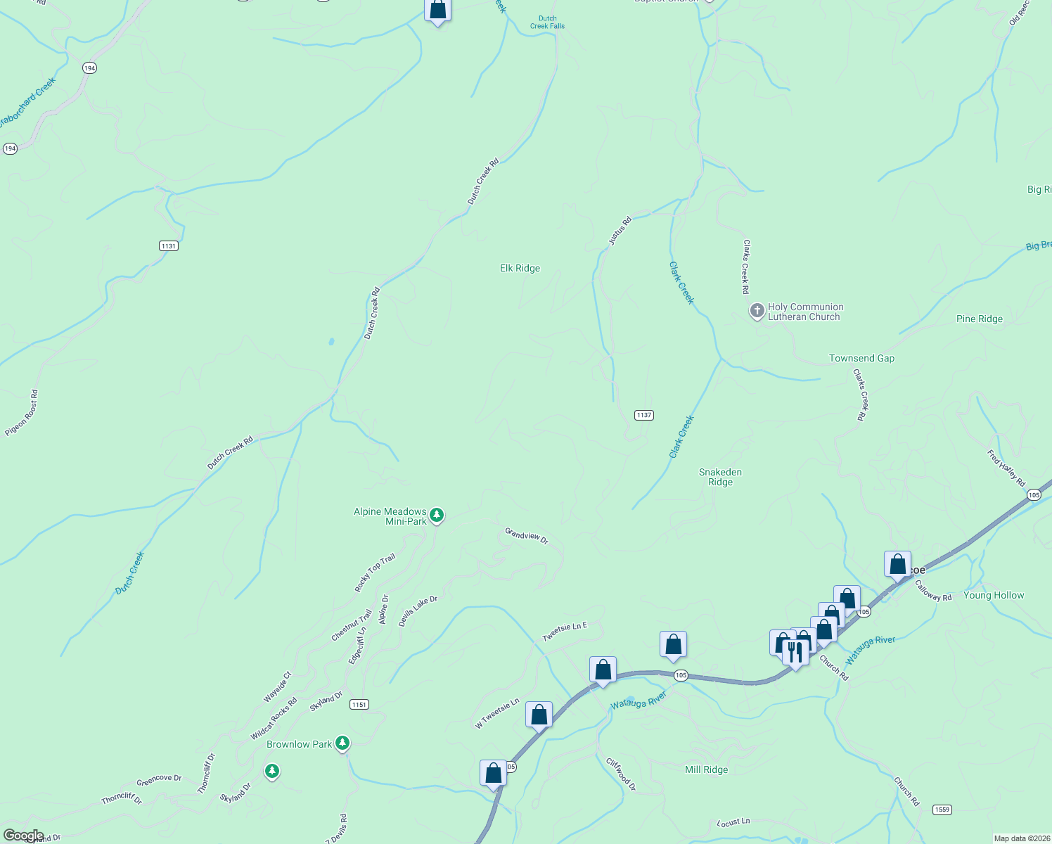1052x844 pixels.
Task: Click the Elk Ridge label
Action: coord(520,268)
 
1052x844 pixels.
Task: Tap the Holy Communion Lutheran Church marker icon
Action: coord(757,311)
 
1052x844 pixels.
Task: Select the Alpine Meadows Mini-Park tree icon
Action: coord(437,516)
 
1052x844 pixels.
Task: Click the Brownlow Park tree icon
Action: coord(342,743)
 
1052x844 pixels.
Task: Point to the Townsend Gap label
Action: coord(861,358)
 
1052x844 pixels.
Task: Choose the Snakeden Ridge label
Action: coord(720,477)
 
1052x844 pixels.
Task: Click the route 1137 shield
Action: coord(644,415)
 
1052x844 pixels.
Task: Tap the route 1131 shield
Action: coord(168,245)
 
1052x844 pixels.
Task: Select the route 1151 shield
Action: coord(359,704)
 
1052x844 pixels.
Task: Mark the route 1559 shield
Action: coord(943,810)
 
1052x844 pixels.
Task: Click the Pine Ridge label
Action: coord(979,319)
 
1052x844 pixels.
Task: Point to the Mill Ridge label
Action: coord(706,769)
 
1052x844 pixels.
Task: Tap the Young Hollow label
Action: coord(993,595)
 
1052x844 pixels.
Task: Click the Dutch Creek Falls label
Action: coord(547,23)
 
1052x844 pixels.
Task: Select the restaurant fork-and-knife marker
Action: coord(795,652)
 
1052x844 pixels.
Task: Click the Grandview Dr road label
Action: coord(526,535)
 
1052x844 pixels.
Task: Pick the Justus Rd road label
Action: coord(620,231)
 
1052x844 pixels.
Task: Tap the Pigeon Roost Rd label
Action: coord(22,413)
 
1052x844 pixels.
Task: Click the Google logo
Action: coord(23,836)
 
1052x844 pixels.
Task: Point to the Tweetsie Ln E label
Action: coord(564,631)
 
